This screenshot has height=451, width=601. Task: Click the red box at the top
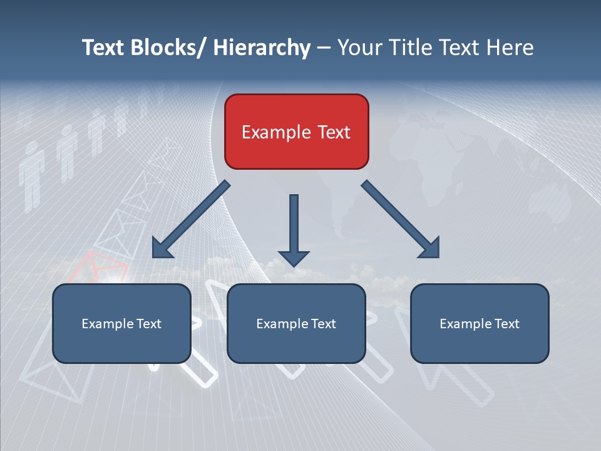[296, 132]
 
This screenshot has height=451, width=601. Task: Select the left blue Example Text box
[121, 323]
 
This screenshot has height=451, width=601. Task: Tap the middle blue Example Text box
[296, 323]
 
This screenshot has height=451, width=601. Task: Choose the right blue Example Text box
[480, 323]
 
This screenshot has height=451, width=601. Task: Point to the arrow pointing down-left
[191, 219]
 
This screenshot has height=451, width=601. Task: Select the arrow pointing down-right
[401, 219]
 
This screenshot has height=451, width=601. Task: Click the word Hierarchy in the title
[262, 48]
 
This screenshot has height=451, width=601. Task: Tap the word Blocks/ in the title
[165, 48]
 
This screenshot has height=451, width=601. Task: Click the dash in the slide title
[324, 48]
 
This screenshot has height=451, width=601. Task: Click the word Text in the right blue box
[506, 323]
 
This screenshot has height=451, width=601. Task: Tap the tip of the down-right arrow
[438, 256]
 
